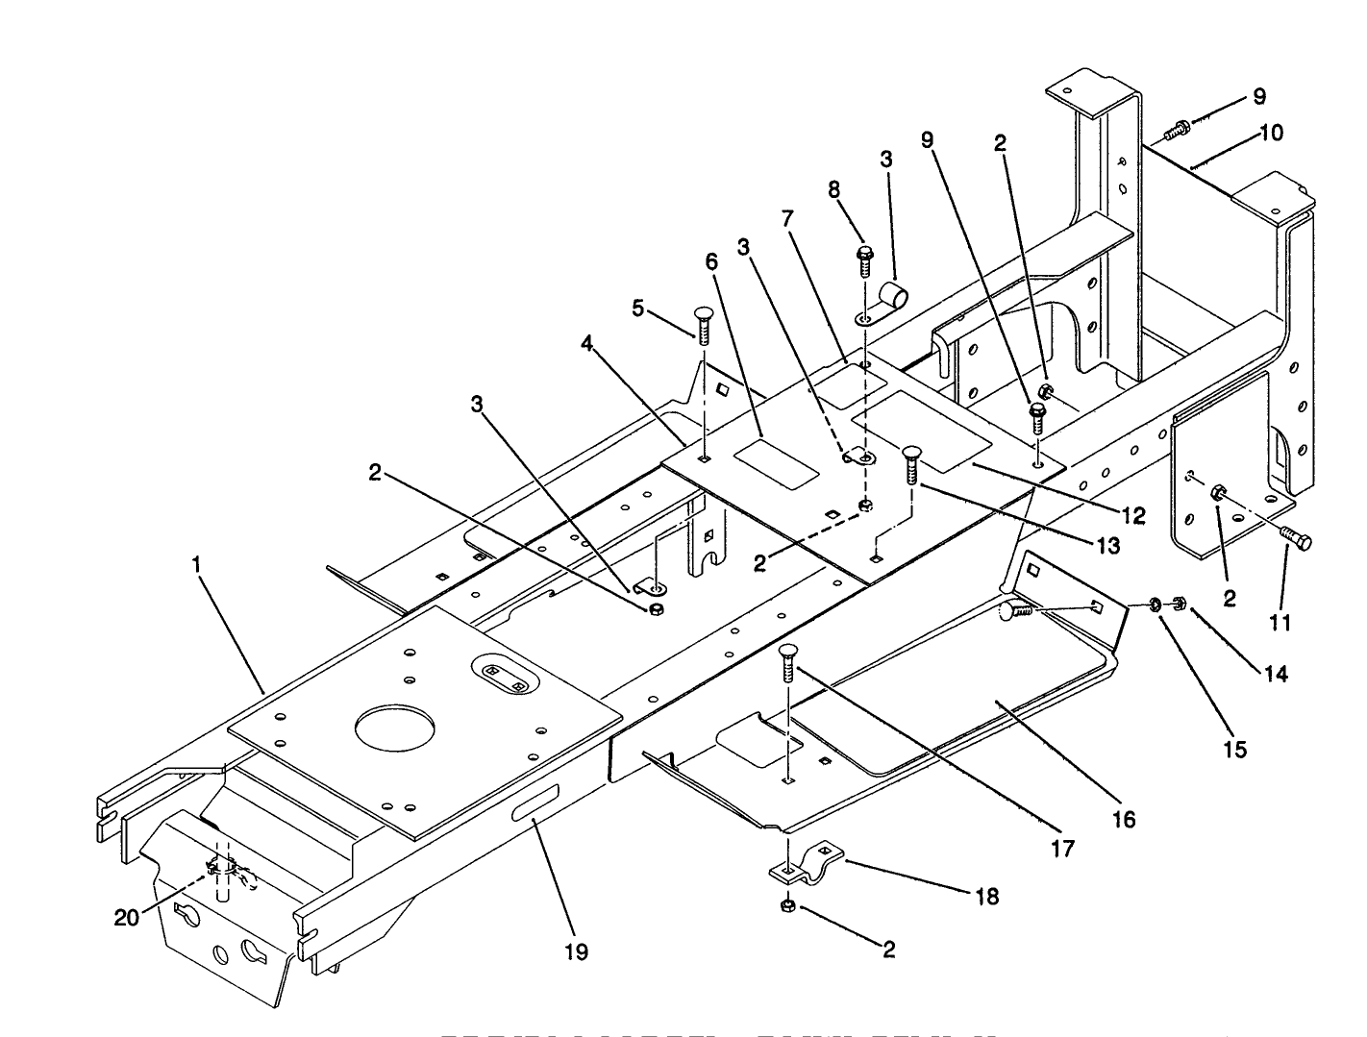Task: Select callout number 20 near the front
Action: [x=127, y=918]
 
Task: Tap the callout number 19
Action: [x=577, y=951]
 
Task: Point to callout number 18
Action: [x=986, y=896]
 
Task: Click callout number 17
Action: [x=1063, y=848]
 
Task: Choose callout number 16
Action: [x=1123, y=819]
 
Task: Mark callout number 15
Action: [x=1235, y=748]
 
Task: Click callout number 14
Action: [x=1275, y=674]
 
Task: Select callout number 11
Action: [x=1279, y=622]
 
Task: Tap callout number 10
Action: [x=1271, y=133]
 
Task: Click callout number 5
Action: [x=637, y=309]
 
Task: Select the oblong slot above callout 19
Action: [x=534, y=802]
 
